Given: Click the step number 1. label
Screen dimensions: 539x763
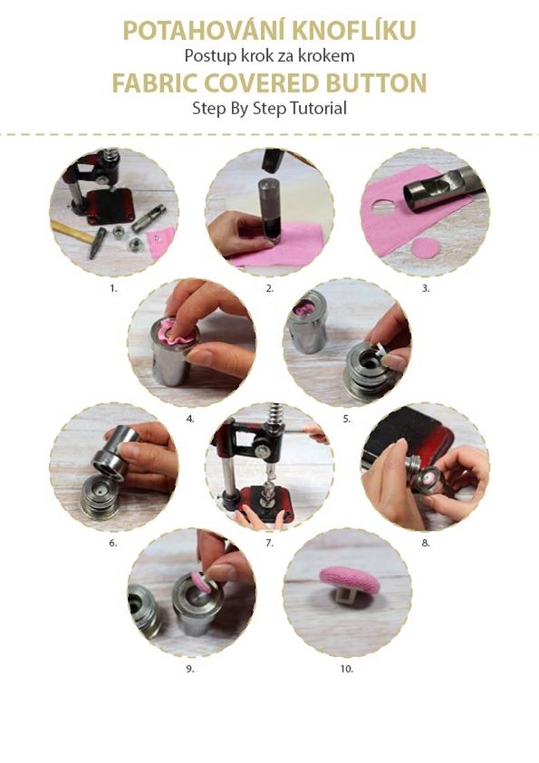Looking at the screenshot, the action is pyautogui.click(x=114, y=288).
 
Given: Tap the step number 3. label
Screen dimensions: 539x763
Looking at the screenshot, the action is pyautogui.click(x=425, y=288).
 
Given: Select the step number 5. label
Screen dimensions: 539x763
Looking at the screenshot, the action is pyautogui.click(x=347, y=419).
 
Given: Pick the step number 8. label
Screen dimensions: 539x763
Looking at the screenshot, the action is pyautogui.click(x=425, y=543).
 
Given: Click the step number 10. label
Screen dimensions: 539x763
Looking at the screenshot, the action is pyautogui.click(x=347, y=669).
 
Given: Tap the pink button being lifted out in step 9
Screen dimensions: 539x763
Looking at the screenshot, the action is pyautogui.click(x=201, y=582).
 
